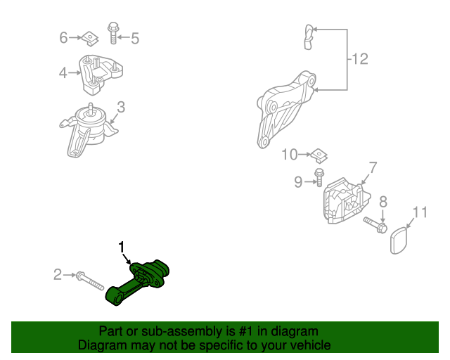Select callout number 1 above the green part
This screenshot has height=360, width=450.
(122, 247)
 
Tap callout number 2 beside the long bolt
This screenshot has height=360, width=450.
(58, 275)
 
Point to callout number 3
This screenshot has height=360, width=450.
(121, 108)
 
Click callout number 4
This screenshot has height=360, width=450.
(63, 72)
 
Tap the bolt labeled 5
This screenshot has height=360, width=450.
(112, 31)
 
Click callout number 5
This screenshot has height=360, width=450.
(134, 39)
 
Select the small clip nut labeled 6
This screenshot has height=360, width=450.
(89, 36)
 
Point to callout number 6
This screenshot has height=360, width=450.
(63, 37)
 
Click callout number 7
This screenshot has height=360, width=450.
(373, 167)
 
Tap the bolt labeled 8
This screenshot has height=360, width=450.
(375, 225)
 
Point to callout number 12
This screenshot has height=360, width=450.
(359, 60)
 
